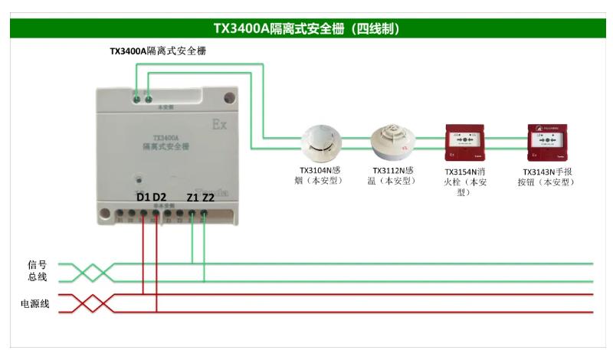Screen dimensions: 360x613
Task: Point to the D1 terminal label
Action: coord(143,198)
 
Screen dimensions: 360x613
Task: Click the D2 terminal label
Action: coord(159,198)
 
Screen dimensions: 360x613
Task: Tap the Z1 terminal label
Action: coord(192,198)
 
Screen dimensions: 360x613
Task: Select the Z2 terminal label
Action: coord(208,198)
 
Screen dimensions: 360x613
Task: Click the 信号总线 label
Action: coord(38,270)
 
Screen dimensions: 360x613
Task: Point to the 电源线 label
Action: coord(35,304)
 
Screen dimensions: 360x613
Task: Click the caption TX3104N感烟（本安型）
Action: coord(320,175)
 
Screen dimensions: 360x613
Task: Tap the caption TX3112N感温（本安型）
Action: coord(393,175)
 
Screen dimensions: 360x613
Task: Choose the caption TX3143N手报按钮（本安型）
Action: coord(549,177)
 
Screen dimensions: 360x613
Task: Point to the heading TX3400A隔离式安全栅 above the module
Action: coord(157,51)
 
